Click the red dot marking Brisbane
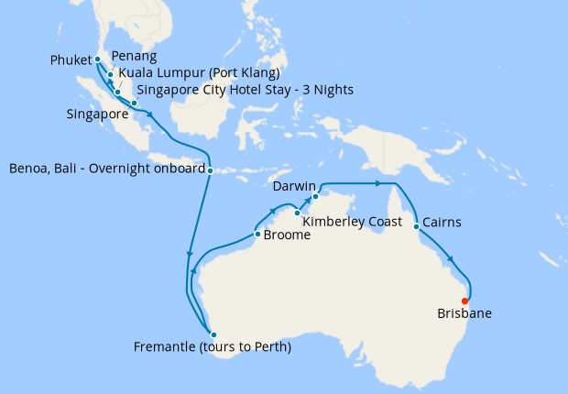tap(465, 301)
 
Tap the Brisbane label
tap(464, 313)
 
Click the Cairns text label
tap(442, 223)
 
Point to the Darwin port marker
tap(314, 196)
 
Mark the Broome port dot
tap(257, 234)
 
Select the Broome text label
tap(287, 235)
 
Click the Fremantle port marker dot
tap(212, 334)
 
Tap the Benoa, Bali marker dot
tap(211, 170)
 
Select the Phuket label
tap(71, 61)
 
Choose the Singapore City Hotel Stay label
tap(245, 89)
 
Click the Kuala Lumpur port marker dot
tap(118, 93)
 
